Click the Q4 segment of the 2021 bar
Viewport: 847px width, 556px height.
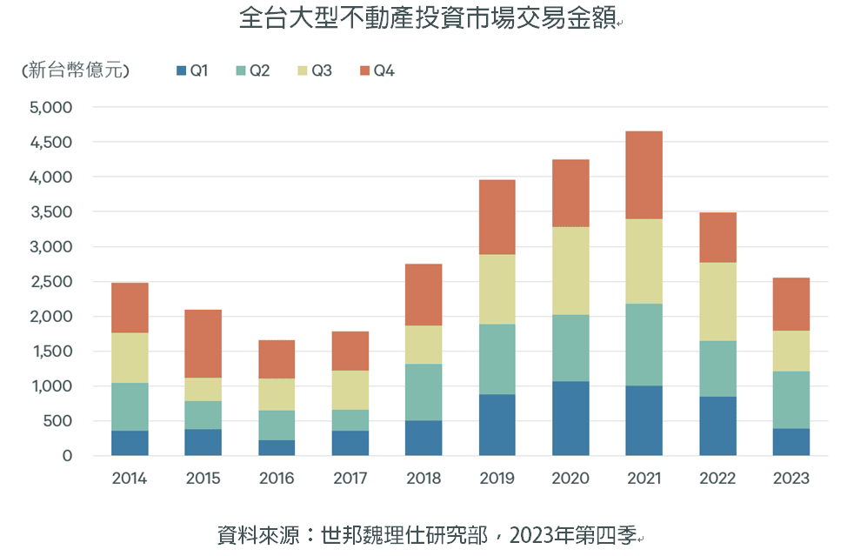(x=644, y=175)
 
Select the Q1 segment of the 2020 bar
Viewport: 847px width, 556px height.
(x=570, y=419)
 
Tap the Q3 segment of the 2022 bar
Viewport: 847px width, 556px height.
(x=717, y=301)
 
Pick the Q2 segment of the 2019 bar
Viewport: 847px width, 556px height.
(x=497, y=359)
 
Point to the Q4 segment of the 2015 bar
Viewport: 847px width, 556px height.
(x=203, y=344)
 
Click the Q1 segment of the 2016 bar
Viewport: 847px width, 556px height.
(x=277, y=447)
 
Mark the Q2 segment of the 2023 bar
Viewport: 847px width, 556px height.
(x=790, y=399)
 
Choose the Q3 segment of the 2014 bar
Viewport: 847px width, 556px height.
(x=130, y=358)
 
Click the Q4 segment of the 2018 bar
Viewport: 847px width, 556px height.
(x=423, y=295)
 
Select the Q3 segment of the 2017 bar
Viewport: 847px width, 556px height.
(x=350, y=390)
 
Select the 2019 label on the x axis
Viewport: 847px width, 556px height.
(x=497, y=479)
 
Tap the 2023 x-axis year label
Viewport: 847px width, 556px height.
(x=790, y=479)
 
